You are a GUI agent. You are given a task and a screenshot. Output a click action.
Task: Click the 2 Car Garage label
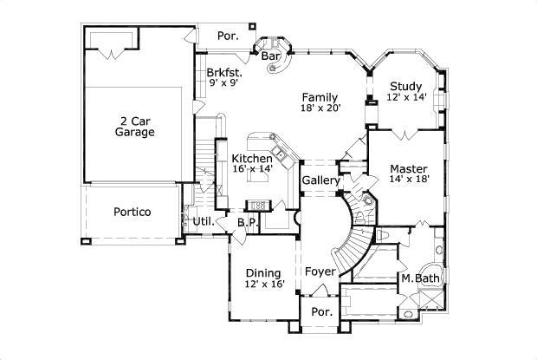(x=134, y=126)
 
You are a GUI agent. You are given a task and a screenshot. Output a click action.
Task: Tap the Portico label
(x=132, y=212)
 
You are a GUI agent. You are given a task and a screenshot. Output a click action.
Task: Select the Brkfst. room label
(x=223, y=73)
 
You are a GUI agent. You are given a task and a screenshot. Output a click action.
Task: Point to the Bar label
(x=270, y=56)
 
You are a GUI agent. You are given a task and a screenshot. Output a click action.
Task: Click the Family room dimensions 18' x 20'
(x=320, y=108)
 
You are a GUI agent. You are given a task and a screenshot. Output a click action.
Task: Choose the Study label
(x=405, y=86)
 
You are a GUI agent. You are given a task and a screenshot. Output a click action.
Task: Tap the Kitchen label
(x=252, y=158)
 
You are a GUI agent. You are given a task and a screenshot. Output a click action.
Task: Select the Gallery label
(x=319, y=180)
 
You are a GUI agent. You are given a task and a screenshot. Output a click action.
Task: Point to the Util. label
(x=203, y=222)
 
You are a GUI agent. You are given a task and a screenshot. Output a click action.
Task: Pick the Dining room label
(x=262, y=273)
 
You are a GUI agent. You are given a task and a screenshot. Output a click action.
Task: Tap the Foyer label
(x=320, y=272)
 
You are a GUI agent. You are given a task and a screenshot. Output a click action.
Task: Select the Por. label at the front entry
(x=321, y=311)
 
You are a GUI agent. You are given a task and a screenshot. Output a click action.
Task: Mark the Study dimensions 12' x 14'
(x=405, y=98)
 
